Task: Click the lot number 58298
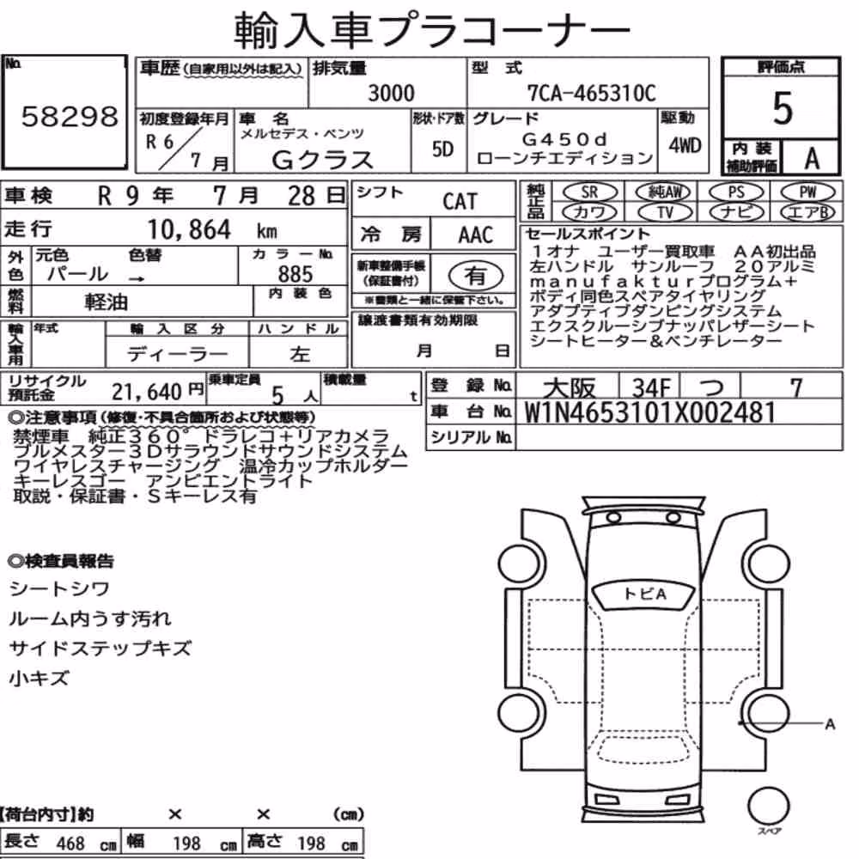[x=70, y=116]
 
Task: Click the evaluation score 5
[x=783, y=108]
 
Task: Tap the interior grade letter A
[x=812, y=158]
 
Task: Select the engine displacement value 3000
[x=391, y=93]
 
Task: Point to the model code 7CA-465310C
[x=591, y=93]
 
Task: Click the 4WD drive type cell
[x=685, y=146]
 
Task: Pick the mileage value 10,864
[x=189, y=229]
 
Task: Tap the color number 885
[x=295, y=274]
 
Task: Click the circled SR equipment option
[x=589, y=192]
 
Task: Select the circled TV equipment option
[x=665, y=212]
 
